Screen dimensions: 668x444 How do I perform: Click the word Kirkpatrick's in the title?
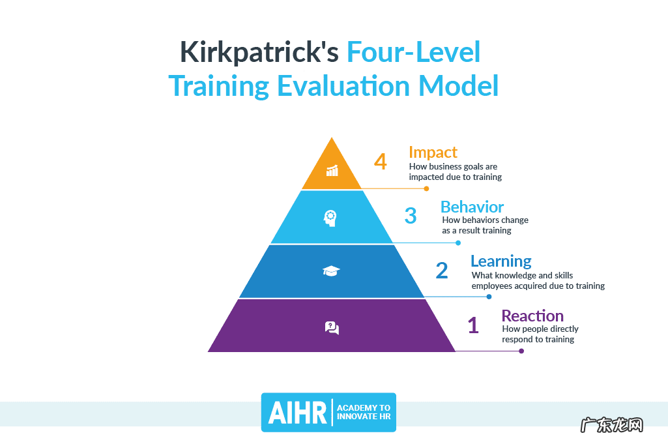pos(259,52)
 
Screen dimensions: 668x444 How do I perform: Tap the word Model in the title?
pos(458,85)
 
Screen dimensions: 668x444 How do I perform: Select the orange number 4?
pos(381,162)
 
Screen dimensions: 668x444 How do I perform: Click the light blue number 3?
pos(411,216)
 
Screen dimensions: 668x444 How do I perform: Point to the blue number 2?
pos(442,271)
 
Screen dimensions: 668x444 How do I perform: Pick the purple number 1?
pos(473,325)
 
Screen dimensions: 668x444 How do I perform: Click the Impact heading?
pos(433,153)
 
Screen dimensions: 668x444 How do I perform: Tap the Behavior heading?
pos(472,207)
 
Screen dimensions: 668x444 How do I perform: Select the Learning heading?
pos(501,261)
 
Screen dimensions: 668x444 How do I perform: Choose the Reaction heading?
pos(532,316)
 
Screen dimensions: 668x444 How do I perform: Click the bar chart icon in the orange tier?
pos(332,170)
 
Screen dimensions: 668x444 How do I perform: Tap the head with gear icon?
pos(330,218)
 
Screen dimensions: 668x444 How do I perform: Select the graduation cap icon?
pos(331,271)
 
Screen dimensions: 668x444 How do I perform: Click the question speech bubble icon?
pos(332,328)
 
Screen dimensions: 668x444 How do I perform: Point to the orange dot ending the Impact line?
pos(426,188)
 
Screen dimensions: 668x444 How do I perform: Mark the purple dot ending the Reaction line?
pos(521,351)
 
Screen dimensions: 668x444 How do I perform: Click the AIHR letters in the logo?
pos(297,413)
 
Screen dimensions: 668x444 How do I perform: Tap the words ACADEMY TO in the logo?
pos(364,407)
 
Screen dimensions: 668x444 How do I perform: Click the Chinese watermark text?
pos(612,425)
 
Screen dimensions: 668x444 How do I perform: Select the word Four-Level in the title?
pos(414,52)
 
